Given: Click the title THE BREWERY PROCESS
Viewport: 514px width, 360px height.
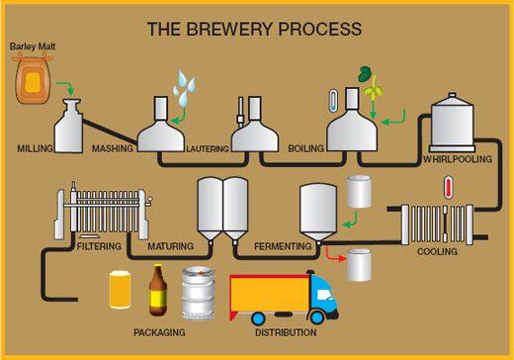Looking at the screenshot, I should pos(254,29).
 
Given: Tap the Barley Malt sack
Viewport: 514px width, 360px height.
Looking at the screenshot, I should pos(34,80).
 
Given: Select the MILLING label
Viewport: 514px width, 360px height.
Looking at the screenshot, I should pos(35,148).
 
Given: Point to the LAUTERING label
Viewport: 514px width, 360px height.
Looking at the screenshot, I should pos(208,149).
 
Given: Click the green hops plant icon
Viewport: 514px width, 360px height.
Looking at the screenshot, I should pos(371,84).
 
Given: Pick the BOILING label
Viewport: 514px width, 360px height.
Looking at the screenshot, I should pos(305,149).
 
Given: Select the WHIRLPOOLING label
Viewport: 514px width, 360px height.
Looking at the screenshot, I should pos(458,159).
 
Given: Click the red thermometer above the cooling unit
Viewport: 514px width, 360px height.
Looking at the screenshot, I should pos(448,187).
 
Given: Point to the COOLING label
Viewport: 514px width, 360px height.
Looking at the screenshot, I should pos(437,251).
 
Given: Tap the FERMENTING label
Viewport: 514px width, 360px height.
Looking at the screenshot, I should pos(283,245).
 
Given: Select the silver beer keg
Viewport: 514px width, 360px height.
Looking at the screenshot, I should pos(198,293).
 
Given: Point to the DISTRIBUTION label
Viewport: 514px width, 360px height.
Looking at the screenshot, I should pos(285,332).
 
